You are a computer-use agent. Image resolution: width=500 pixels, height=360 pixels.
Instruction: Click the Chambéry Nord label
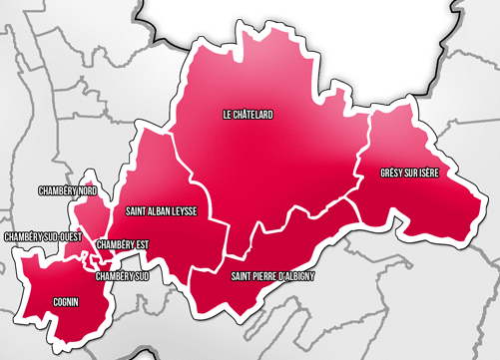coord(67,189)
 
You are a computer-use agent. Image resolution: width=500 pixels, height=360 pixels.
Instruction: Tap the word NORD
coord(86,189)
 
